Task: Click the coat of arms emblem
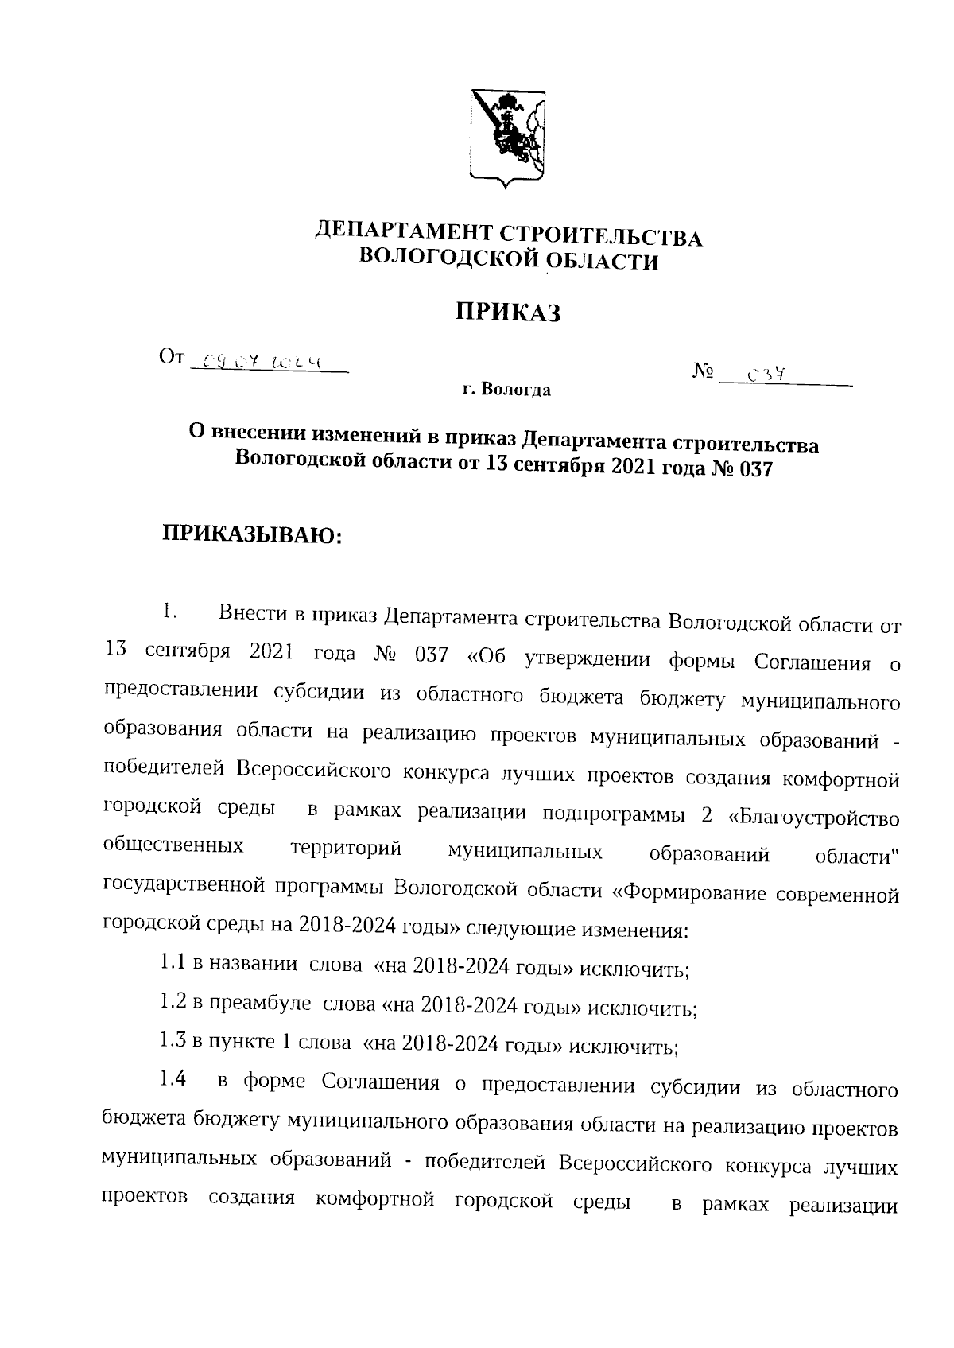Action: pyautogui.click(x=506, y=138)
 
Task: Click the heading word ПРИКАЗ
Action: pyautogui.click(x=508, y=313)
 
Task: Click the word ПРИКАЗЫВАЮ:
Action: pyautogui.click(x=252, y=534)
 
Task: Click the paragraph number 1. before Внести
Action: pyautogui.click(x=168, y=612)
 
